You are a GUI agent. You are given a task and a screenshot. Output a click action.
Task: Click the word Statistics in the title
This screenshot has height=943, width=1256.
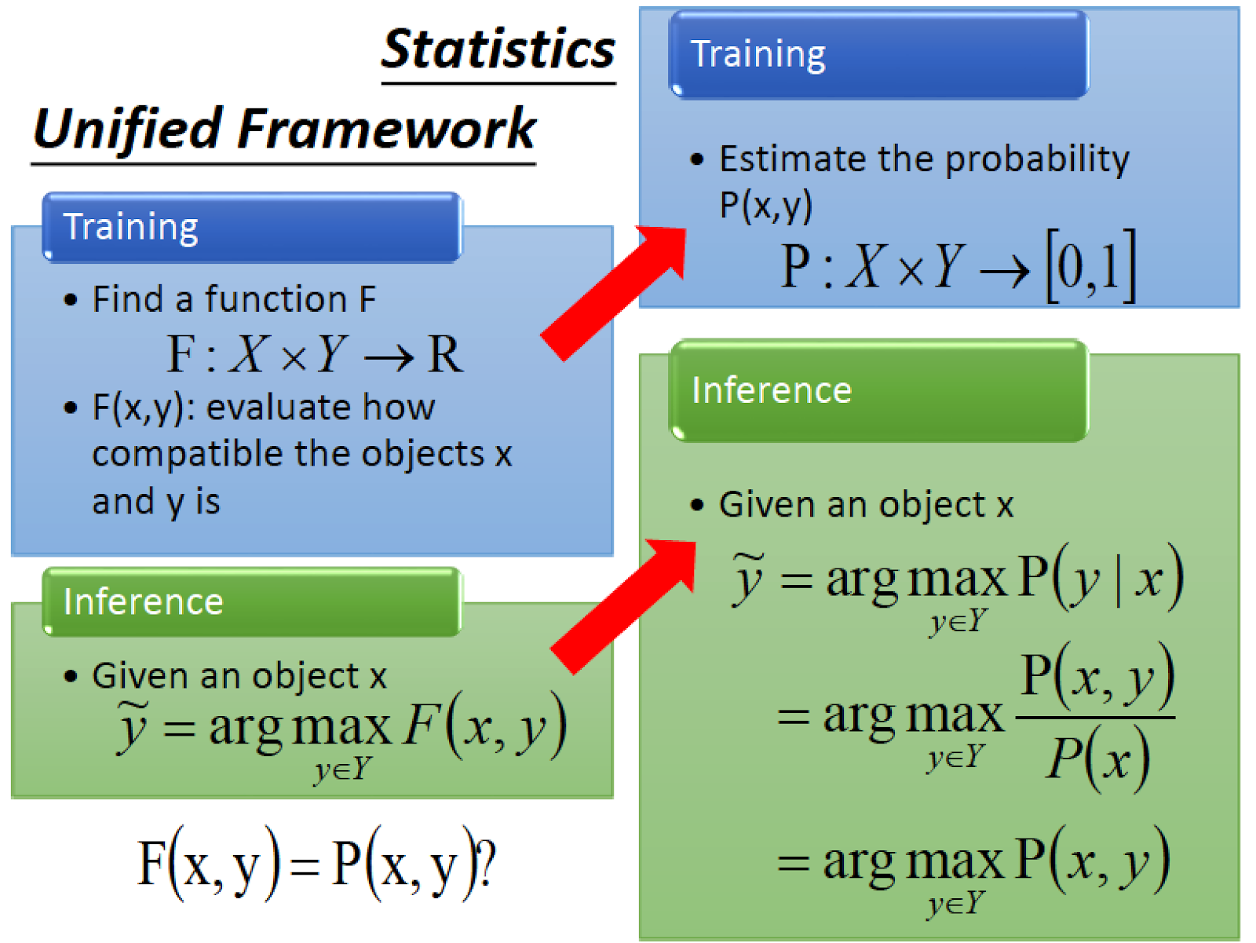498,49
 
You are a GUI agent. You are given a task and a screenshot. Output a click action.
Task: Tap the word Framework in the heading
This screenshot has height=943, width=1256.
386,129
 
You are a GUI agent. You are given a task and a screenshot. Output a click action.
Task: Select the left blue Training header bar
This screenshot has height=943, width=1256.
252,227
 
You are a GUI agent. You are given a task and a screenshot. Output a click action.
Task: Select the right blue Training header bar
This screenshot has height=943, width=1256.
879,54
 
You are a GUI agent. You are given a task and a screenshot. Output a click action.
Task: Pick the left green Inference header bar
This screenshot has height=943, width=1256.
252,602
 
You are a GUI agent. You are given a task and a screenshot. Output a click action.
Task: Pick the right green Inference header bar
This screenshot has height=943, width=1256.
879,391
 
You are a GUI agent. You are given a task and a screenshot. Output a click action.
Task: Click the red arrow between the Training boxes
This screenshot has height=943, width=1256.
613,293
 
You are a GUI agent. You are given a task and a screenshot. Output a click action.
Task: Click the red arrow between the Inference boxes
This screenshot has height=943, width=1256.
623,606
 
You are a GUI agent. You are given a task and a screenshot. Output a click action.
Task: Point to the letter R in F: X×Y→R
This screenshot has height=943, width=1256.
444,355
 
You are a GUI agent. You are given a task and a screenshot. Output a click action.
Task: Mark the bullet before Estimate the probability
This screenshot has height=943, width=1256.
696,159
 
